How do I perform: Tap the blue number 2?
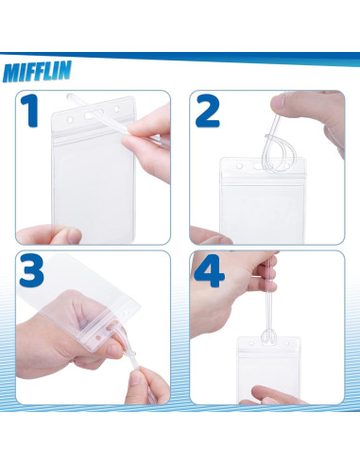click(x=208, y=112)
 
